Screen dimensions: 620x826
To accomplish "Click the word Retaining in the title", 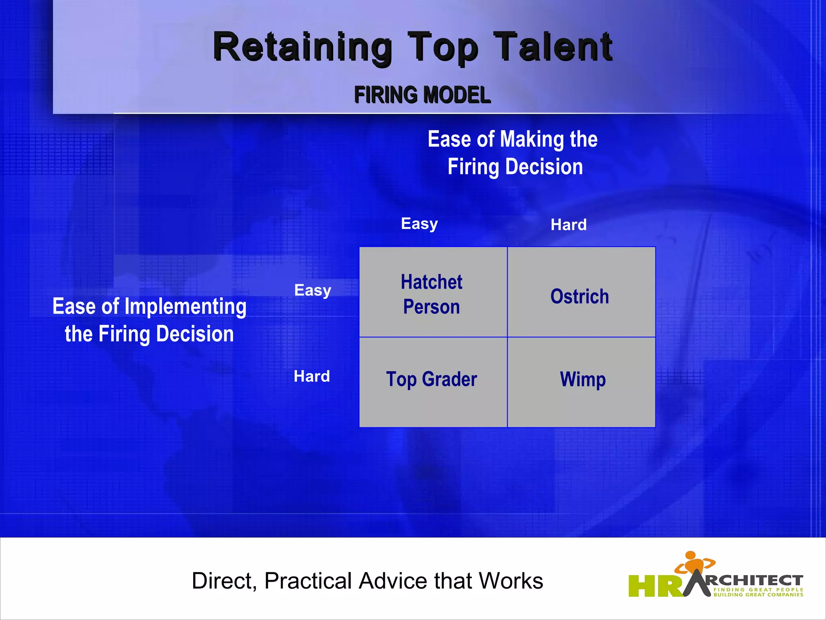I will (x=302, y=48).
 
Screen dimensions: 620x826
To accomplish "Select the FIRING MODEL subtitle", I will (x=422, y=95).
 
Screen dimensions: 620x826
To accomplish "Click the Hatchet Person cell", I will (x=433, y=292).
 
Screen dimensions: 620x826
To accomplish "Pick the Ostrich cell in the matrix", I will (x=581, y=296).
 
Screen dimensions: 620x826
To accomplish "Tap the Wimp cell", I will (x=582, y=380).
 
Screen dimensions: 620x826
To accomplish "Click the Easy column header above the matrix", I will (x=419, y=224).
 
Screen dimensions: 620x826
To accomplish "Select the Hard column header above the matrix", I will (x=569, y=225).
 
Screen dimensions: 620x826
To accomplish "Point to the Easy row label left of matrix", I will (x=313, y=290).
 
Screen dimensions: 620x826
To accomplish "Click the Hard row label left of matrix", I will (x=312, y=376).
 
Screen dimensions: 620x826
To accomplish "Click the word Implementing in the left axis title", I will (x=186, y=307).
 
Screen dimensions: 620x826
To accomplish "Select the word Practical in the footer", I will (x=308, y=581).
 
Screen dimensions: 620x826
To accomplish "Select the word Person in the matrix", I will (x=432, y=307).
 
